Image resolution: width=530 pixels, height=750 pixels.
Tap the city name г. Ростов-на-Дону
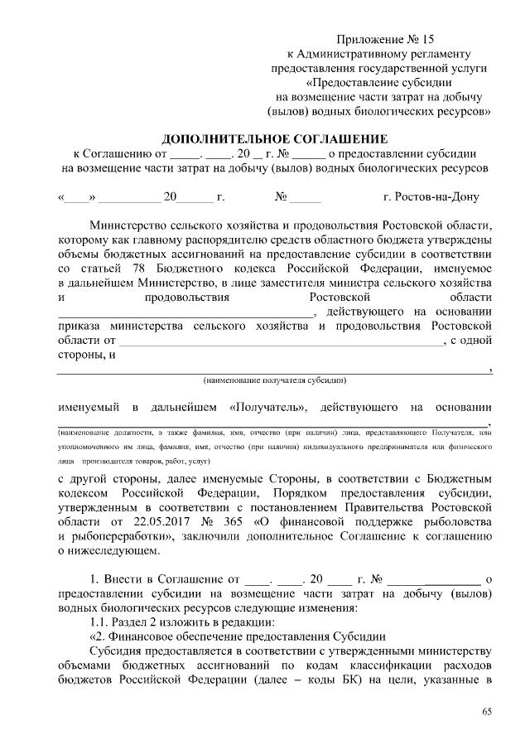(x=431, y=198)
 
